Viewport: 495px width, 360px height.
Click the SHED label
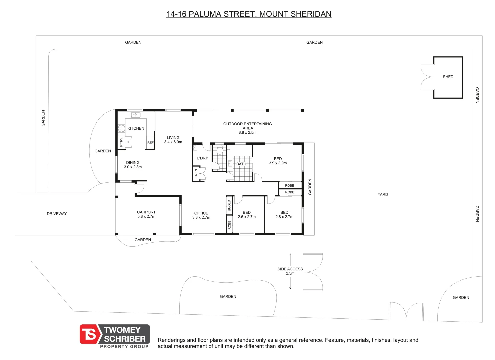[x=448, y=77]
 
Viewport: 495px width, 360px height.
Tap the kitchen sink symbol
[x=135, y=115]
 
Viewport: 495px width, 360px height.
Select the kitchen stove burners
[x=121, y=129]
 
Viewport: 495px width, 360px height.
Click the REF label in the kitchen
[x=150, y=143]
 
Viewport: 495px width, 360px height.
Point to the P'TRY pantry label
[x=121, y=142]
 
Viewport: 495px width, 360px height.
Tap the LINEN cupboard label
[x=196, y=174]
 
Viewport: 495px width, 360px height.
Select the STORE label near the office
[x=229, y=206]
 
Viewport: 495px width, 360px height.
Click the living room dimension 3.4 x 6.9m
[x=173, y=142]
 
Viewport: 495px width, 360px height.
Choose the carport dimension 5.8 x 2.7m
[x=146, y=216]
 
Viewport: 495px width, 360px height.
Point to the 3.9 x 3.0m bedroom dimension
[x=278, y=163]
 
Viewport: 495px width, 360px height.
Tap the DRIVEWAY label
[x=57, y=214]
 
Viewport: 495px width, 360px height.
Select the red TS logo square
[x=89, y=334]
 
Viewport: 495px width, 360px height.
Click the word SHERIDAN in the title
[x=311, y=14]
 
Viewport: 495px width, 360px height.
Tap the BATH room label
[x=241, y=164]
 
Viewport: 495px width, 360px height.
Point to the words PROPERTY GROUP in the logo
[x=124, y=347]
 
